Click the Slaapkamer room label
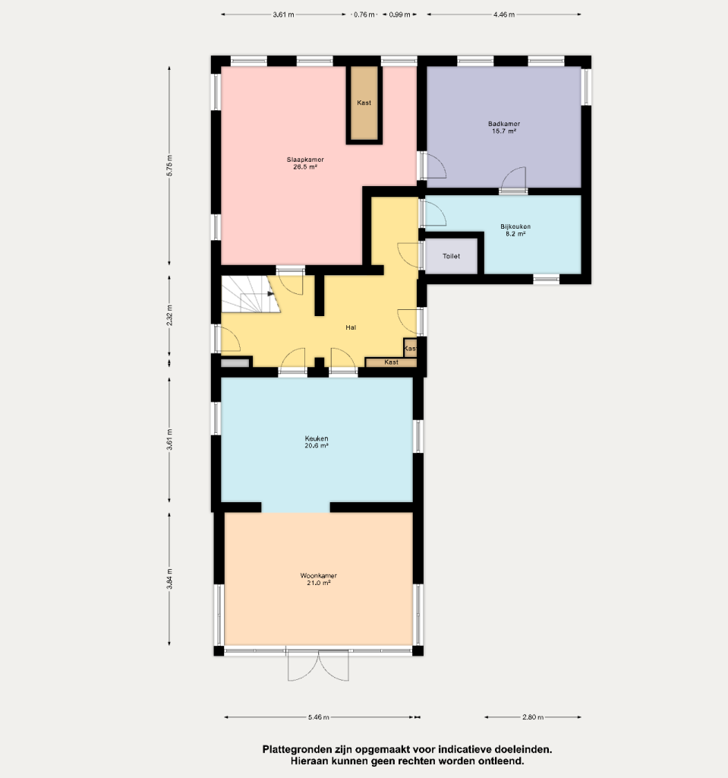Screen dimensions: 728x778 [x=305, y=163]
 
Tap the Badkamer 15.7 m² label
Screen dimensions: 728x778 [x=504, y=128]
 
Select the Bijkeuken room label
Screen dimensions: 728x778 [x=515, y=230]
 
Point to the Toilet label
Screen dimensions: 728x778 [x=451, y=256]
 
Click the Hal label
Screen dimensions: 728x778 [x=351, y=327]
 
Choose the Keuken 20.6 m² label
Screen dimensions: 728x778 [x=317, y=442]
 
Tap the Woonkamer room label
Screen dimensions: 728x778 [x=318, y=579]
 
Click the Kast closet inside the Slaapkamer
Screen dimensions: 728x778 [x=364, y=103]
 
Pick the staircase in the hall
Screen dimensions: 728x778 [x=251, y=294]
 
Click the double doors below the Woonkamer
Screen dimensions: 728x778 [x=318, y=665]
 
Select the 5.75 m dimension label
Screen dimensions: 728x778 [x=169, y=166]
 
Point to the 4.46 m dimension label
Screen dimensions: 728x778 [x=504, y=14]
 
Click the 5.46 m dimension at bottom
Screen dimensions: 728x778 [x=318, y=717]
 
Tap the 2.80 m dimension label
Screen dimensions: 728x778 [x=533, y=717]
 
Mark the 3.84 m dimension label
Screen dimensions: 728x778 [x=169, y=578]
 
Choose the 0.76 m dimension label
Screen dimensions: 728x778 [x=364, y=14]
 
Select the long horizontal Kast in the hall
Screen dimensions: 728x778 [x=391, y=362]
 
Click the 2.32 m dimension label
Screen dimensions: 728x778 [x=169, y=315]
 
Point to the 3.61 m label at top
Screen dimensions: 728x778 [x=283, y=14]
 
